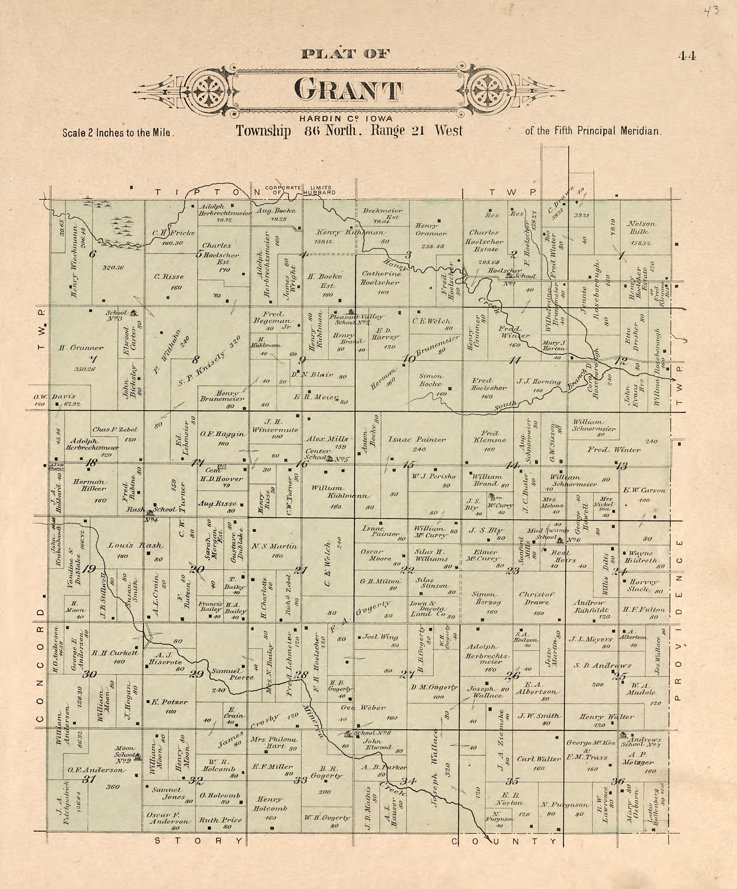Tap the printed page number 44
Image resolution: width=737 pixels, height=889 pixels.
[x=686, y=56]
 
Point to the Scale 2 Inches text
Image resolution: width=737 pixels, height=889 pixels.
[x=117, y=132]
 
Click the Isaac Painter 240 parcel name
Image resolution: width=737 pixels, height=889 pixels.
[x=417, y=439]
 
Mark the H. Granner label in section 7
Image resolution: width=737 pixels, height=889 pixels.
[x=81, y=348]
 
